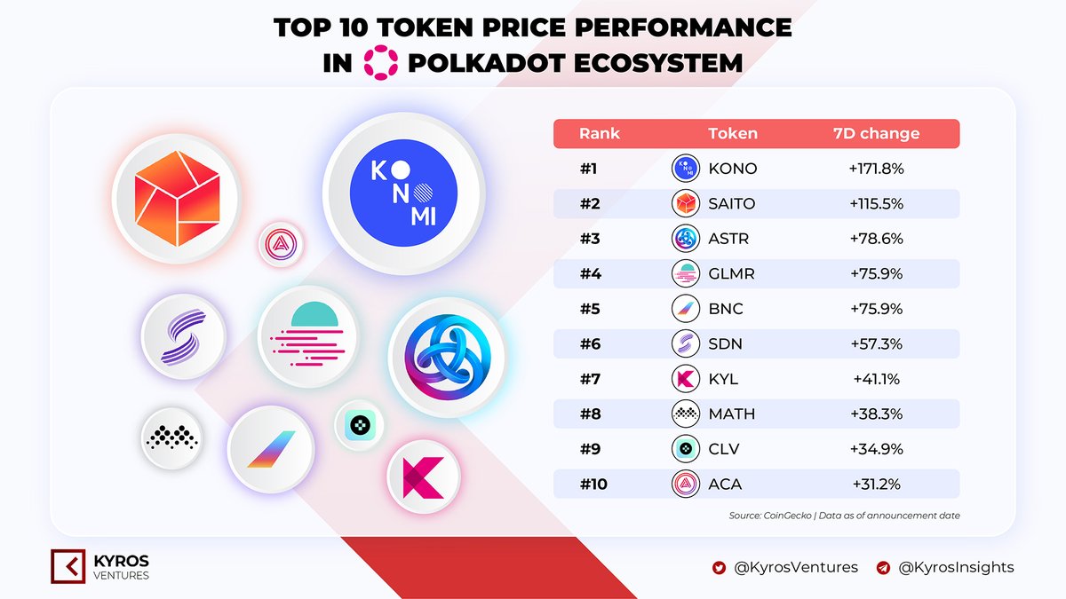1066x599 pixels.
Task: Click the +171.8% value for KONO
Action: (x=867, y=169)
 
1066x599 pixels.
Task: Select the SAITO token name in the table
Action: (x=731, y=203)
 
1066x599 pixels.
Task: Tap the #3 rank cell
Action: (x=590, y=238)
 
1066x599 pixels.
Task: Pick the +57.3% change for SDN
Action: (x=867, y=343)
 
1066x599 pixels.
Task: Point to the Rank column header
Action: (x=600, y=134)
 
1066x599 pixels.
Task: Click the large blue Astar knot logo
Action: (x=446, y=358)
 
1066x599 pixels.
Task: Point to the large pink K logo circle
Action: (x=425, y=477)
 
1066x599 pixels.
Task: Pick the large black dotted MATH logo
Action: (x=172, y=437)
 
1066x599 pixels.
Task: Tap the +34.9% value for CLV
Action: (x=867, y=449)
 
